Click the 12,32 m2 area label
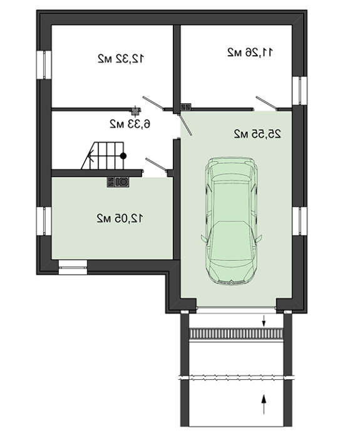[x=121, y=59]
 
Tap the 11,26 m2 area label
[x=250, y=52]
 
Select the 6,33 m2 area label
[x=130, y=124]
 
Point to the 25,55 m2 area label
[x=257, y=134]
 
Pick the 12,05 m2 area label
[x=120, y=218]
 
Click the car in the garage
[x=232, y=221]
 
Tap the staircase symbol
[x=103, y=156]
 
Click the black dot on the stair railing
[x=123, y=156]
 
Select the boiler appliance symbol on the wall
[x=118, y=182]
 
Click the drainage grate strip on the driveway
[x=237, y=334]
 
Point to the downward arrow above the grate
[x=264, y=320]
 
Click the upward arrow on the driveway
[x=264, y=404]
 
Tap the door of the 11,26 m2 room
[x=267, y=103]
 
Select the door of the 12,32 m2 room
[x=153, y=103]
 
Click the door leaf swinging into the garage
[x=185, y=125]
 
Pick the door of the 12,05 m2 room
[x=157, y=164]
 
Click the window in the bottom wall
[x=73, y=267]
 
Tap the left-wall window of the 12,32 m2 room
[x=44, y=65]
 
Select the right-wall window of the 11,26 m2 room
[x=300, y=91]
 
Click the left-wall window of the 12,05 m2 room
[x=44, y=222]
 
